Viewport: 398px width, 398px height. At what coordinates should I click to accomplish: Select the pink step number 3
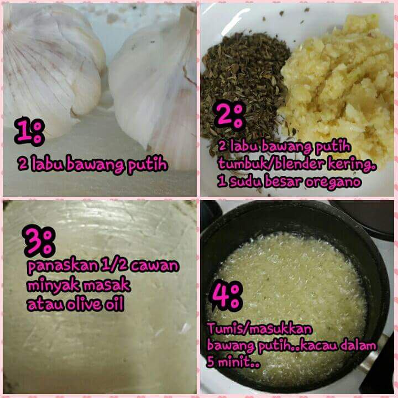click(34, 240)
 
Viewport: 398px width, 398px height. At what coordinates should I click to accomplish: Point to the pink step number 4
click(220, 296)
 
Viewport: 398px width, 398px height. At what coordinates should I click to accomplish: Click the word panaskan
click(62, 266)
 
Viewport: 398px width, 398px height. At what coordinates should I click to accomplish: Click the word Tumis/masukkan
click(260, 329)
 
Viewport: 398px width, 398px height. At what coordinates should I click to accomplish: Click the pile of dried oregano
click(244, 84)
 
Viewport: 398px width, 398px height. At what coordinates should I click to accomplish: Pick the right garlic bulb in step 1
click(155, 84)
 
